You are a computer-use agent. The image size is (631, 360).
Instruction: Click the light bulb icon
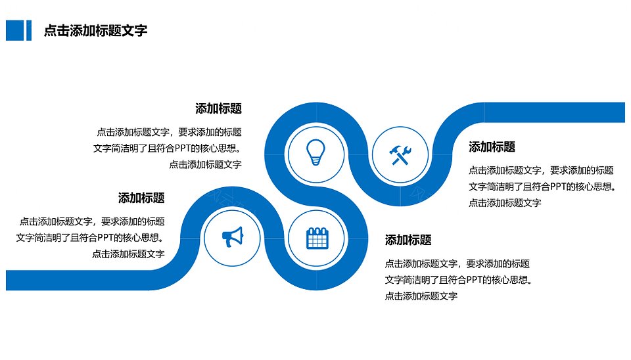[316, 152]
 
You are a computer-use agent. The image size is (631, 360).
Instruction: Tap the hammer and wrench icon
[400, 155]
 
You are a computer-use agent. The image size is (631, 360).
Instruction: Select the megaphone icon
[233, 237]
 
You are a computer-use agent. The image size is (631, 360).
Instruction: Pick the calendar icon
[317, 238]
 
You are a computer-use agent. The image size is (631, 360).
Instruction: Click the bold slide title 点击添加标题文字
[95, 31]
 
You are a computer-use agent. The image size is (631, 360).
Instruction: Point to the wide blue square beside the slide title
[15, 31]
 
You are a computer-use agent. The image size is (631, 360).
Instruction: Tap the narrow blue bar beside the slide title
[28, 31]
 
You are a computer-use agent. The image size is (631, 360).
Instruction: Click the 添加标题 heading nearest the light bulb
[218, 108]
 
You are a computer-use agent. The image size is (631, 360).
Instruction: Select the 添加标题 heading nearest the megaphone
[141, 198]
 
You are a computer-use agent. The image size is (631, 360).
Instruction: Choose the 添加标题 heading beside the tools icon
[492, 146]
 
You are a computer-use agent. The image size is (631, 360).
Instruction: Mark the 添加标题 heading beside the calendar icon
[408, 240]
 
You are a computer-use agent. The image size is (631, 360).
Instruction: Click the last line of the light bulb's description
[205, 164]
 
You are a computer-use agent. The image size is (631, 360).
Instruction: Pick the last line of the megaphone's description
[128, 254]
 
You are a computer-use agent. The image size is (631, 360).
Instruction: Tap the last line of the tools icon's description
[505, 203]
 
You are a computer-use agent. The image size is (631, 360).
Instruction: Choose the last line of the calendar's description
[421, 296]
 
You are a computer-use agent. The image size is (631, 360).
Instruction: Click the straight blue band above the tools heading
[554, 112]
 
